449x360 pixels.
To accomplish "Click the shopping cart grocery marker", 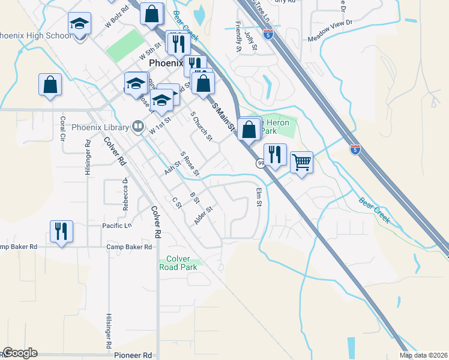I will (301, 161).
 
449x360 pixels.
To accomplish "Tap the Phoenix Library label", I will (100, 127).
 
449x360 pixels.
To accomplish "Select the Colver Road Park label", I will (181, 263).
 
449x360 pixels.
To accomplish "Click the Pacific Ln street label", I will (116, 226).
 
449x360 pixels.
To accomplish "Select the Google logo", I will (19, 353).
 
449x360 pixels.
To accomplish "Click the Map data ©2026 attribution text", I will (423, 355).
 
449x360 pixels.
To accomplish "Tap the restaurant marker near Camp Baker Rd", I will (61, 231).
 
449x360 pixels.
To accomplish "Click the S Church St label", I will (201, 126).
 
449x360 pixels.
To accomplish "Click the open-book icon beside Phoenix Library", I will (138, 127).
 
